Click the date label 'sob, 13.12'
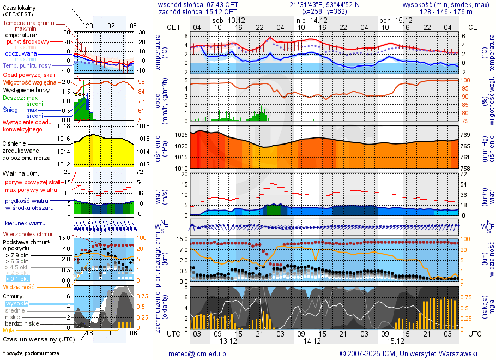click(228, 20)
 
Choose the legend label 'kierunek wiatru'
click(26, 224)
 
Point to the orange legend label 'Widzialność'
click(19, 286)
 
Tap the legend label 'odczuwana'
click(21, 54)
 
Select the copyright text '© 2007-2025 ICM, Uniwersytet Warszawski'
click(408, 353)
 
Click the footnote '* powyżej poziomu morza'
click(31, 353)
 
